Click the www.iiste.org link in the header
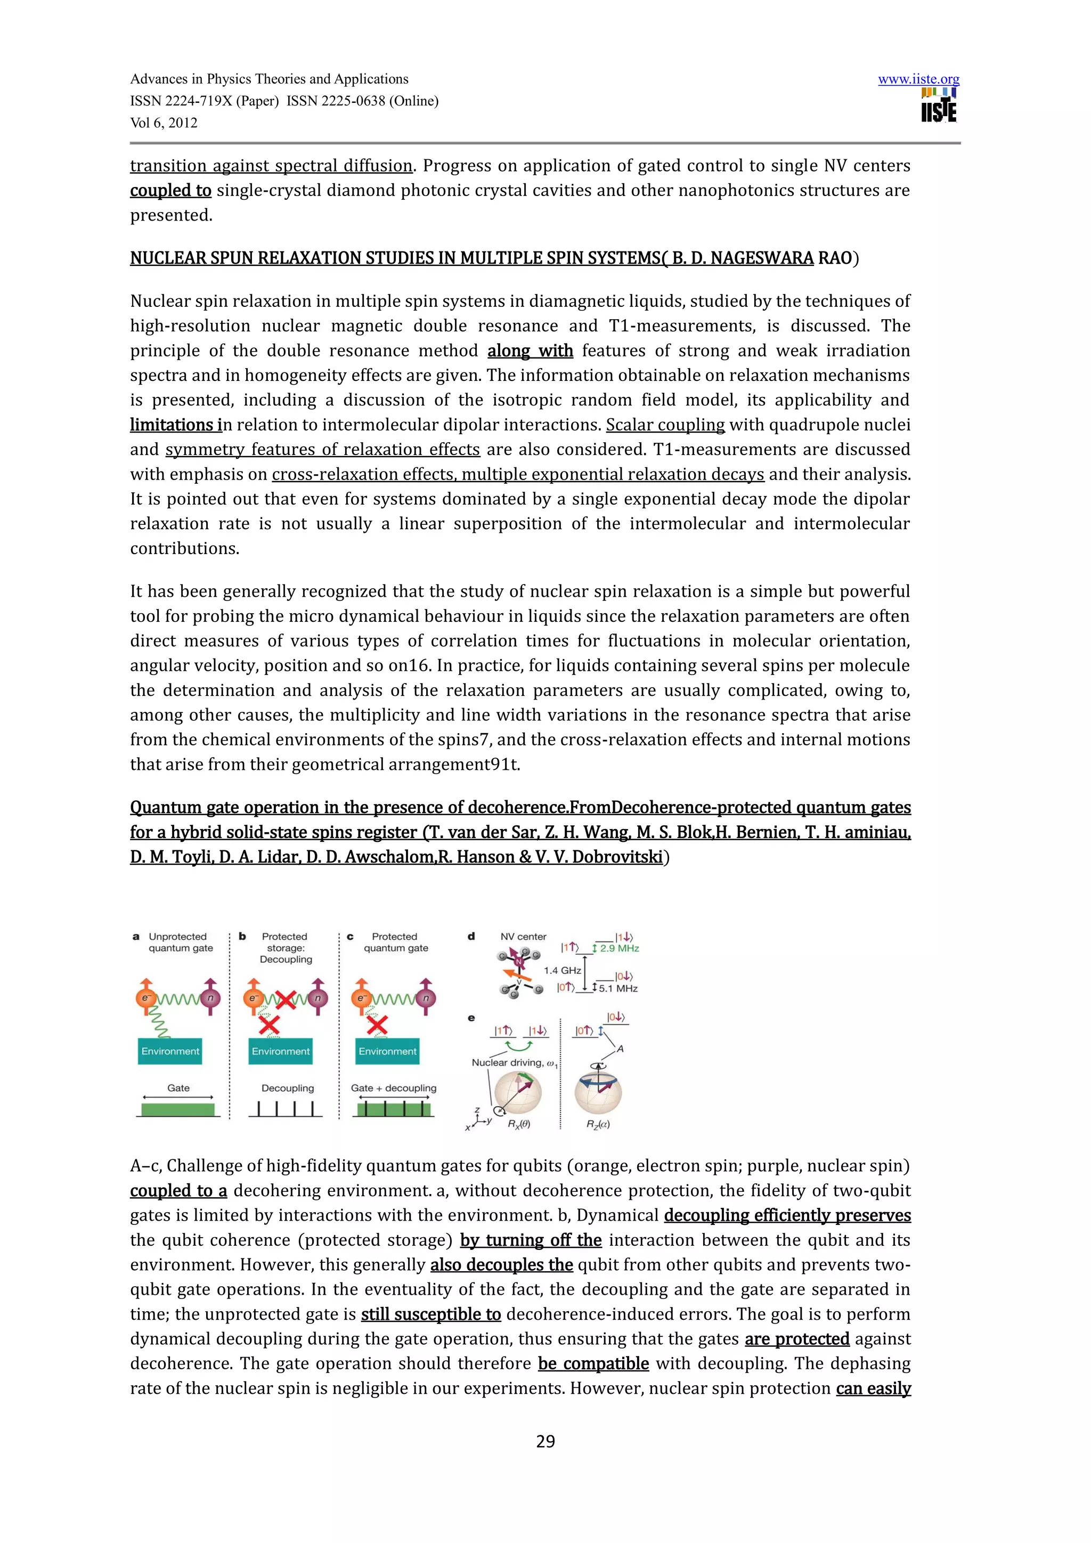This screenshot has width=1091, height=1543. tap(918, 79)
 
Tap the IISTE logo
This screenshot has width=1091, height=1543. tap(939, 106)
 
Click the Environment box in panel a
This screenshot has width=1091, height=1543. tap(170, 1052)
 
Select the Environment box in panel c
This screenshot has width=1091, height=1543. tap(388, 1052)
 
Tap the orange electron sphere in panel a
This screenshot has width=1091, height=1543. tap(145, 998)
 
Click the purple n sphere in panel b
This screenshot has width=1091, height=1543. tap(317, 998)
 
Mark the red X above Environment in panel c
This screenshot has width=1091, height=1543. tap(377, 1025)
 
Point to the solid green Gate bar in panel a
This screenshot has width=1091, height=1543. tap(178, 1109)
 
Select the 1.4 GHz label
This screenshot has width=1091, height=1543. tap(563, 970)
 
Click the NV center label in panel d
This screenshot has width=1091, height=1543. tap(523, 937)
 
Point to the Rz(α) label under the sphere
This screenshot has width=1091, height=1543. tap(598, 1124)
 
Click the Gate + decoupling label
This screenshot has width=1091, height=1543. tap(394, 1088)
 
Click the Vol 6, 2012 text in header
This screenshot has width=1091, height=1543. tap(164, 123)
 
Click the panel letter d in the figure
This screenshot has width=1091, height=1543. tap(471, 936)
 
